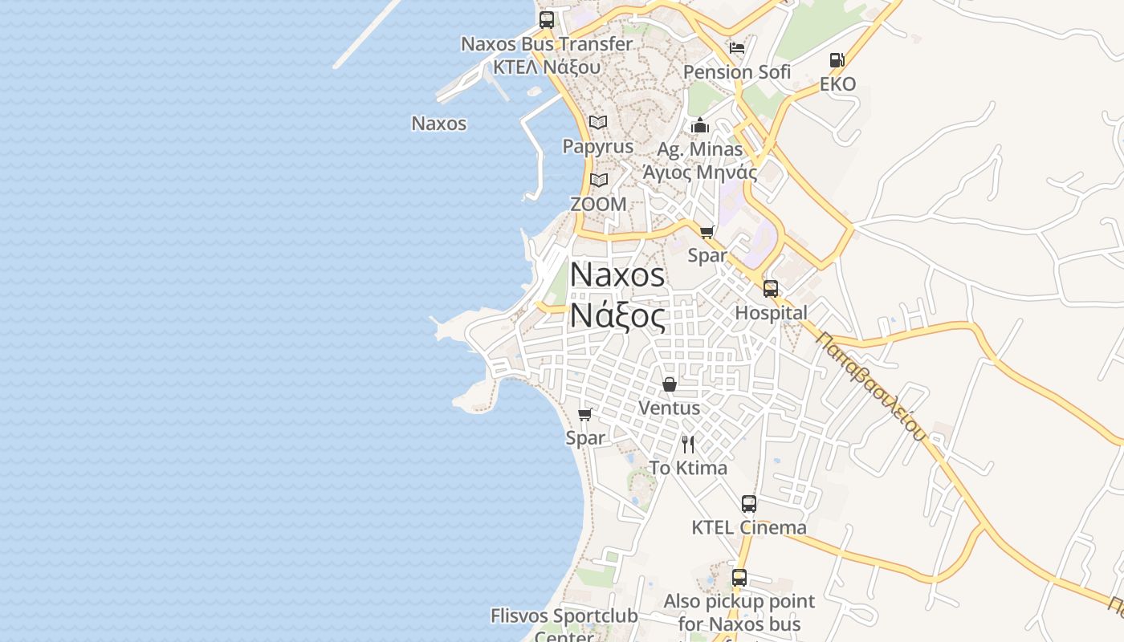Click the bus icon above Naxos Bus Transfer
[547, 20]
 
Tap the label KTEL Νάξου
[547, 67]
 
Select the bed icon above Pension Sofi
[737, 48]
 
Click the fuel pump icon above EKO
[837, 60]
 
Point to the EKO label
[837, 84]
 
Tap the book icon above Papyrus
[598, 123]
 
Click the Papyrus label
[598, 147]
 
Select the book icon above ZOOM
[599, 180]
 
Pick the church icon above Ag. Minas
[700, 126]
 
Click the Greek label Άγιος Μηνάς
[700, 172]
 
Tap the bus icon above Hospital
[771, 289]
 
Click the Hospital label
[772, 313]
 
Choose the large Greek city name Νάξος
[617, 315]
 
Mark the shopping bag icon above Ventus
[670, 384]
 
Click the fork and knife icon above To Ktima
[688, 445]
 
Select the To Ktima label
[688, 468]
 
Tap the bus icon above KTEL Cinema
[749, 504]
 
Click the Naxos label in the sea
[439, 124]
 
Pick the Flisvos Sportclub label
[564, 616]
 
